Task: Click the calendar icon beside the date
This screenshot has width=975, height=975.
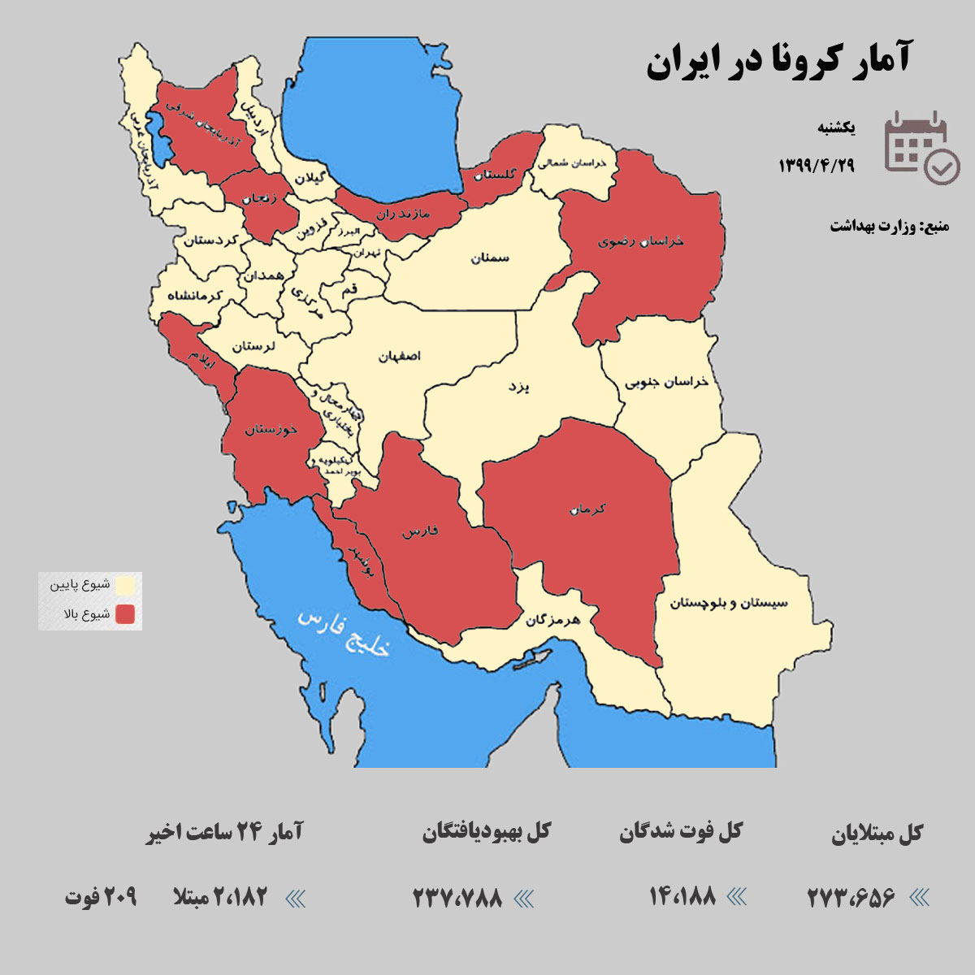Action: pyautogui.click(x=920, y=147)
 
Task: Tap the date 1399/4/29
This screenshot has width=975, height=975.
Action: pyautogui.click(x=817, y=166)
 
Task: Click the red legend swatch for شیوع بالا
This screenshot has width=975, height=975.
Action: pyautogui.click(x=125, y=614)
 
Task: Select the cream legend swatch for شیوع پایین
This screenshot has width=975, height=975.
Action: pyautogui.click(x=125, y=585)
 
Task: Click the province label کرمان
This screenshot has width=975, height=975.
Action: pyautogui.click(x=587, y=509)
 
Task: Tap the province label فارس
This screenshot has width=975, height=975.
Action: pyautogui.click(x=420, y=531)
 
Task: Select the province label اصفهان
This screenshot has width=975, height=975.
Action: pyautogui.click(x=399, y=356)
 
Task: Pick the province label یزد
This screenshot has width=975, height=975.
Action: pyautogui.click(x=518, y=387)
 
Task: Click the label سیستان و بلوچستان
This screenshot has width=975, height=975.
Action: pyautogui.click(x=729, y=603)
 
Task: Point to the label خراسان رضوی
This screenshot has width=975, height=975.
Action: pyautogui.click(x=641, y=241)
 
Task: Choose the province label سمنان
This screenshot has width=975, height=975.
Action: pyautogui.click(x=490, y=258)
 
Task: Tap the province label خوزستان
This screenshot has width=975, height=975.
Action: pyautogui.click(x=271, y=428)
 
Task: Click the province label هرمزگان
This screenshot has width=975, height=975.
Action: pyautogui.click(x=552, y=620)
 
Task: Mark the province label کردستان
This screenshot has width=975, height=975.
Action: pyautogui.click(x=210, y=240)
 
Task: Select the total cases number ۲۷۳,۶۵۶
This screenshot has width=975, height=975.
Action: pyautogui.click(x=851, y=897)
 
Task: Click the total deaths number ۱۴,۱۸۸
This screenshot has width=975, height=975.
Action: pyautogui.click(x=682, y=895)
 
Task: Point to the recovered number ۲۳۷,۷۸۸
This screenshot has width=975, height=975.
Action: pyautogui.click(x=457, y=898)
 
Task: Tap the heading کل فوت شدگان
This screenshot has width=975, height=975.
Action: pyautogui.click(x=681, y=832)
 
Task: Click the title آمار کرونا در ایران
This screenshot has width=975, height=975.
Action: pyautogui.click(x=778, y=62)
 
